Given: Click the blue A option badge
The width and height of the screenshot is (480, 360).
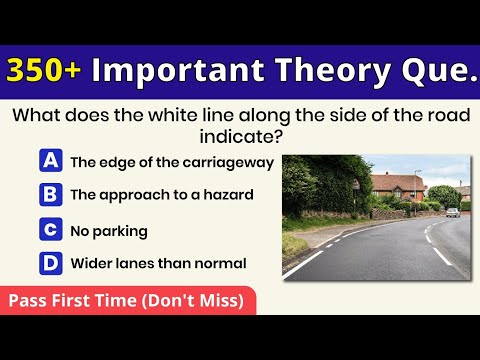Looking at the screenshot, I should pyautogui.click(x=50, y=161).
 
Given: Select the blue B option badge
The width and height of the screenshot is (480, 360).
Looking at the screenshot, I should pyautogui.click(x=50, y=194).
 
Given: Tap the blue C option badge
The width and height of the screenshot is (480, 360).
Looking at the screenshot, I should pyautogui.click(x=50, y=230).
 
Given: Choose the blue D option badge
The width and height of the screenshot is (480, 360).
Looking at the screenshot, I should pyautogui.click(x=50, y=264).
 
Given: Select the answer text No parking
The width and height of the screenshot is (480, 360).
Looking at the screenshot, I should pyautogui.click(x=109, y=231).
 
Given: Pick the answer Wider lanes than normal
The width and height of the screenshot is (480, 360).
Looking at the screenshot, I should pyautogui.click(x=158, y=265).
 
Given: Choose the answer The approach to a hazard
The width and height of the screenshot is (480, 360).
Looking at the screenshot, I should pyautogui.click(x=161, y=195).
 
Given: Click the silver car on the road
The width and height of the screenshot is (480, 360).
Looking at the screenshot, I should pyautogui.click(x=454, y=212).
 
